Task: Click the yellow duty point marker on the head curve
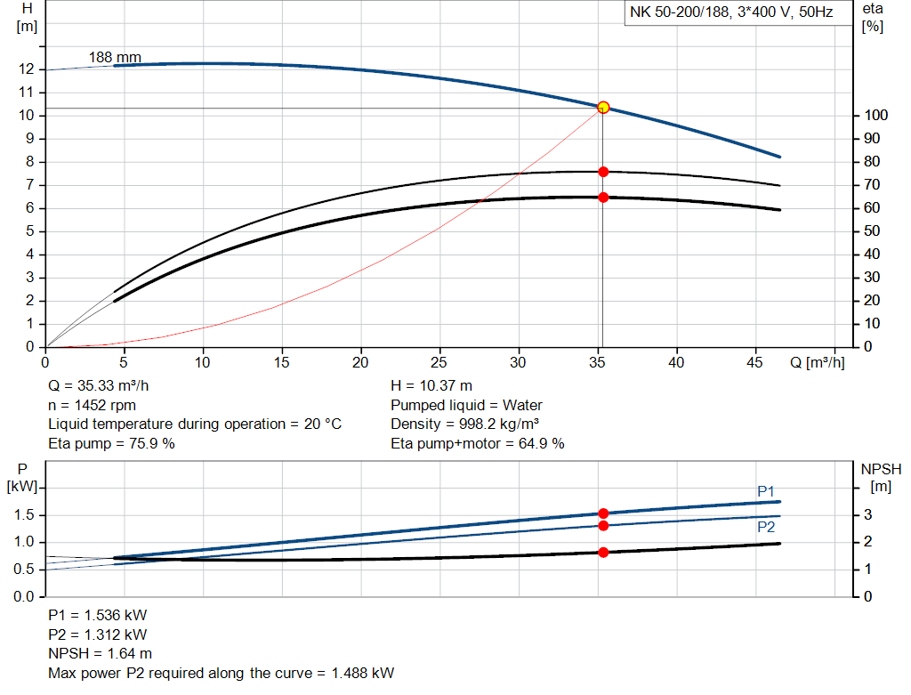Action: tap(603, 107)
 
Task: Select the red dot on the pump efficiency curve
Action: tap(603, 171)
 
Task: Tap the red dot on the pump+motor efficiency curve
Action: tap(603, 197)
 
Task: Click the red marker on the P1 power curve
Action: tap(603, 513)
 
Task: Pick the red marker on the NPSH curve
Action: tap(603, 552)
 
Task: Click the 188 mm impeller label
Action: tap(115, 58)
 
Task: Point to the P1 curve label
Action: tap(766, 491)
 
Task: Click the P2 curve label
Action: tap(766, 527)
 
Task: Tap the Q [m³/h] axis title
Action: tap(817, 362)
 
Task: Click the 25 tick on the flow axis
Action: tap(439, 362)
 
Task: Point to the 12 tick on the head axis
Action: tap(26, 69)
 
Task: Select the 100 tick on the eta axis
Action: tap(875, 116)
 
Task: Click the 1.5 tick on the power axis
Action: tap(24, 515)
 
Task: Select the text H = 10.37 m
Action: tap(431, 386)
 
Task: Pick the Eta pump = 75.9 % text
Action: tap(111, 443)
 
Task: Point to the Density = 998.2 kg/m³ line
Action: tap(465, 424)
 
